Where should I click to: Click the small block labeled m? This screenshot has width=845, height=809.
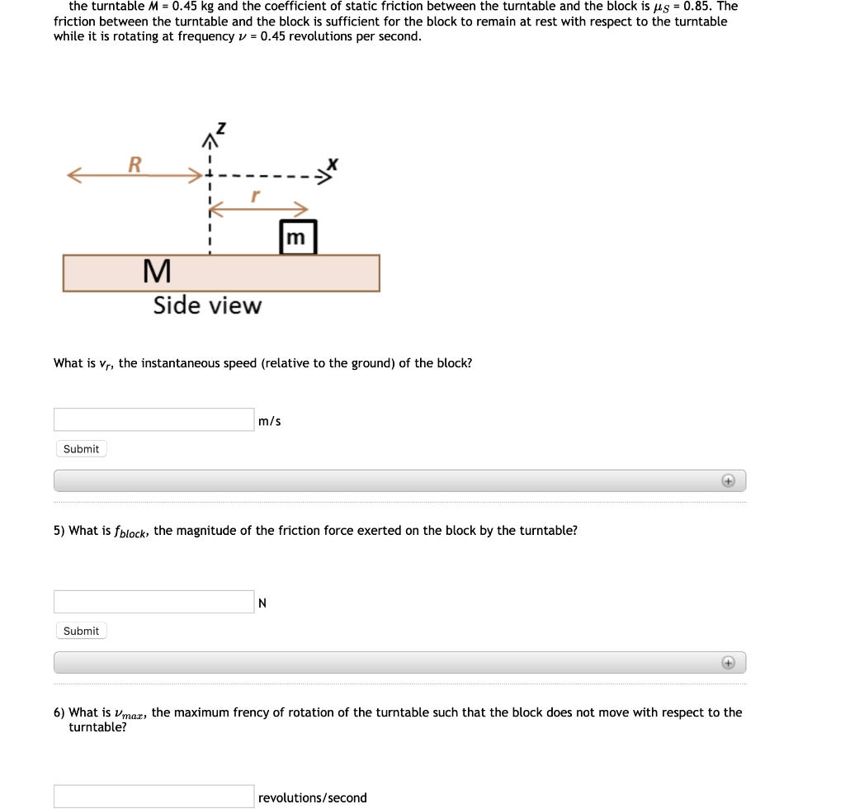298,237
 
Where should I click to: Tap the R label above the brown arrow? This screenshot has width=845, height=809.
134,163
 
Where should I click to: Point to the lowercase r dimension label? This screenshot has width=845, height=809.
255,196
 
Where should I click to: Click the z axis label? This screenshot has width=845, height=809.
220,129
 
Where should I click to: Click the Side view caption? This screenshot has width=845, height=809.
207,305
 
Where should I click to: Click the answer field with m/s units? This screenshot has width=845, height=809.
154,419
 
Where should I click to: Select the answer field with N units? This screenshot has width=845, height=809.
154,602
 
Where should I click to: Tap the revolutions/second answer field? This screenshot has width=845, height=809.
154,797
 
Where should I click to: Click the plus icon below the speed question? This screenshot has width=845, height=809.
728,480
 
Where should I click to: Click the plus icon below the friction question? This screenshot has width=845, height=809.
728,662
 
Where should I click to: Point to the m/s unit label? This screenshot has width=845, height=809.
269,421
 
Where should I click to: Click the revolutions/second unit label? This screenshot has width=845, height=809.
312,797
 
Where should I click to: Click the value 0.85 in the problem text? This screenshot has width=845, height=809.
698,6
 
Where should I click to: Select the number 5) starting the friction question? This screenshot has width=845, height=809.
59,531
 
